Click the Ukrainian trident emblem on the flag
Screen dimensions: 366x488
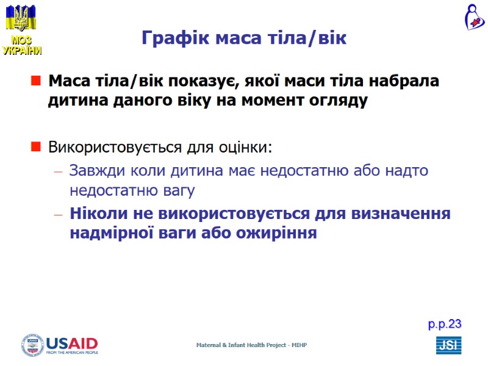(21, 19)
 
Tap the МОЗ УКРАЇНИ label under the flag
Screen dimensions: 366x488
(22, 46)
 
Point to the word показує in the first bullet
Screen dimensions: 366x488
(195, 81)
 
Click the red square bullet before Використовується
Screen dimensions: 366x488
(35, 147)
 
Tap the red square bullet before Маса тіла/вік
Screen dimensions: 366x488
(35, 81)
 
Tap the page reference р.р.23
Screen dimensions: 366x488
(445, 325)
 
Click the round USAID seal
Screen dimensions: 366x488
(33, 345)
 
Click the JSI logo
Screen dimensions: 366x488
(448, 345)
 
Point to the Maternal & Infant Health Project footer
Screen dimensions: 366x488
(251, 345)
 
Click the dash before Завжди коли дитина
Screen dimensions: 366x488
(59, 171)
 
